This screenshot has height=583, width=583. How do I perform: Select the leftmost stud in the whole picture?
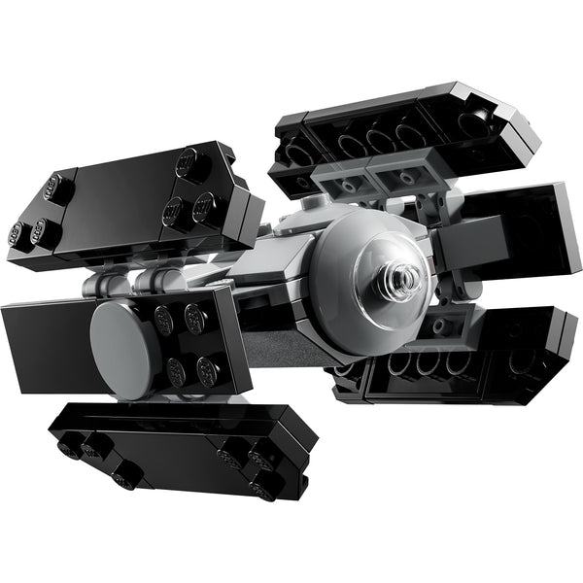(x=17, y=233)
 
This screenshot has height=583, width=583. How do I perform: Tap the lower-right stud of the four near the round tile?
(x=207, y=370)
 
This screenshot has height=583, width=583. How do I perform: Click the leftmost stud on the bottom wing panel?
(x=67, y=448)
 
